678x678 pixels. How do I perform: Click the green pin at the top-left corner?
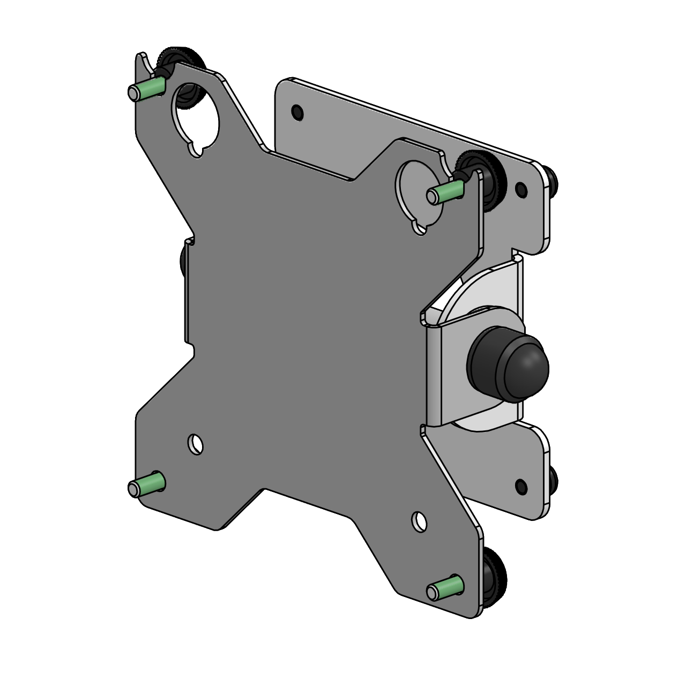[146, 89]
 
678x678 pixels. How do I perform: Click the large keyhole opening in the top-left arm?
[196, 116]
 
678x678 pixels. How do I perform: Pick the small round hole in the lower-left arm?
[196, 443]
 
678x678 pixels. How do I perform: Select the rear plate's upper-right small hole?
[519, 188]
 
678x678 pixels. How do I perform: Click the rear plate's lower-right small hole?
[519, 486]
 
